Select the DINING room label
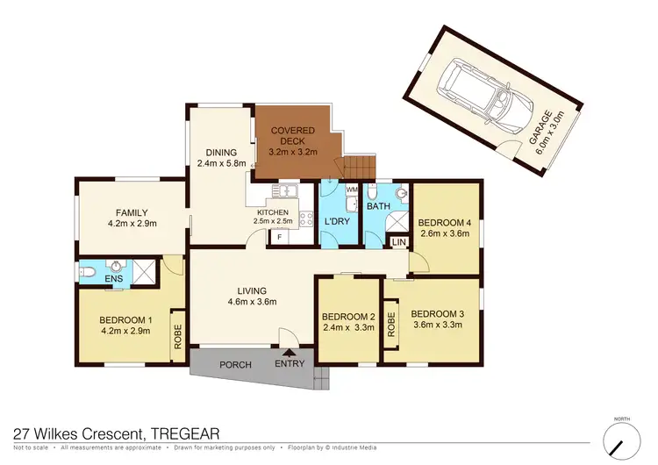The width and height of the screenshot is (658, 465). [215, 153]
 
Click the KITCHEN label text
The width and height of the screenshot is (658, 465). [272, 213]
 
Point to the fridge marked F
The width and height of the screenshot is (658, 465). [279, 237]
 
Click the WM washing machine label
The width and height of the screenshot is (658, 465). [351, 190]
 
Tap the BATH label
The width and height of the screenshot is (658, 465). [378, 207]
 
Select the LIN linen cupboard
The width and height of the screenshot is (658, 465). [398, 241]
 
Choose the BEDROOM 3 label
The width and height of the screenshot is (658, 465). [435, 314]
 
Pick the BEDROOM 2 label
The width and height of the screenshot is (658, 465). [348, 317]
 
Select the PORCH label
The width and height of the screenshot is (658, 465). [235, 364]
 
